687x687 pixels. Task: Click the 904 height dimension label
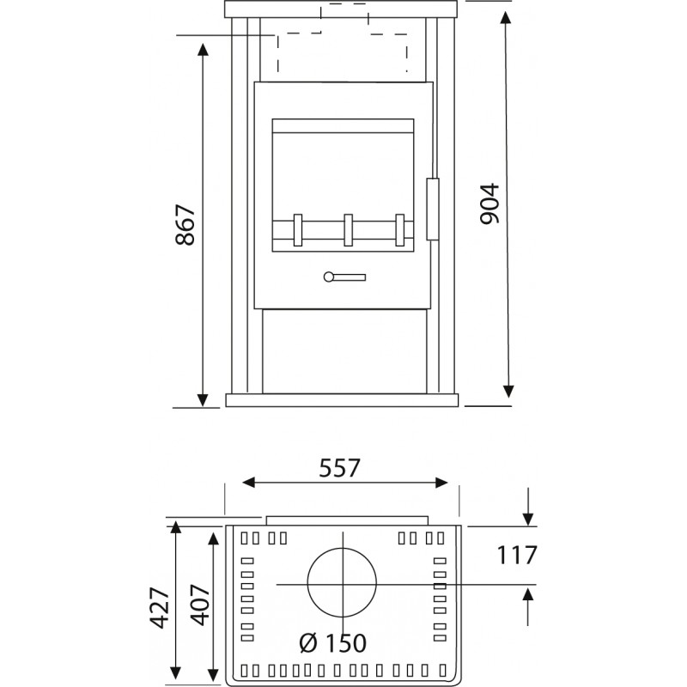coord(489,204)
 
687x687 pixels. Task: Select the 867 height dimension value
coord(185,224)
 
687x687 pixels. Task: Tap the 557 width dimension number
coord(339,468)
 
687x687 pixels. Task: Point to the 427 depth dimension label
coord(160,608)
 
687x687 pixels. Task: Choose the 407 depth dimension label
coord(200,605)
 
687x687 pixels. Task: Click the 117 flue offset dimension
coord(517,555)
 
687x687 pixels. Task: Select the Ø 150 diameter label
coord(333,643)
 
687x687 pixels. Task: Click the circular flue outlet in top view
coord(342,549)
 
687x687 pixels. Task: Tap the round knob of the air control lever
coord(328,277)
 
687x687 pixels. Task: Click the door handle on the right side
coord(433,209)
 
